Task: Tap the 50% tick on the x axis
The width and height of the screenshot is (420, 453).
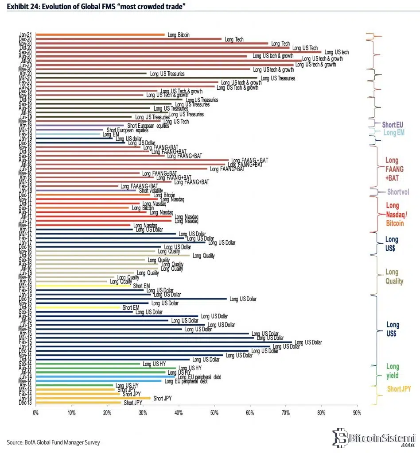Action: [214, 413]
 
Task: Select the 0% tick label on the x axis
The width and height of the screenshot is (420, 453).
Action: [35, 413]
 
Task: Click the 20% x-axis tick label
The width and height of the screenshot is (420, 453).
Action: [107, 413]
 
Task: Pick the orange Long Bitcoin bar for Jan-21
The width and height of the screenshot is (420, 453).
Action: [100, 34]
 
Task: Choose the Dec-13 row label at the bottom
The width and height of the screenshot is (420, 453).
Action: [25, 403]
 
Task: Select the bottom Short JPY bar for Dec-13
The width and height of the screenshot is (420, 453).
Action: [78, 403]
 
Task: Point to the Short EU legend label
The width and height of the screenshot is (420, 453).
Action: [392, 125]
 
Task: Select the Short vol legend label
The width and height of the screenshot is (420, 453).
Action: [397, 192]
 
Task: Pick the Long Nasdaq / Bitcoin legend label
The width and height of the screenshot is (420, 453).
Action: [394, 215]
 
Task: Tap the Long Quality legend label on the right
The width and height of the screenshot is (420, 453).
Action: [394, 276]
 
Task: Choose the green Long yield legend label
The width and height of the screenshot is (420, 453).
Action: [392, 371]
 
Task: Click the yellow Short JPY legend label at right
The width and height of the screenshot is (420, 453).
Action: [398, 389]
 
